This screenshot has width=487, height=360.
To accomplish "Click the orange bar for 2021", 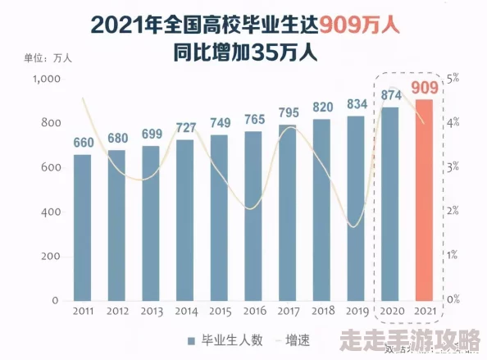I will (x=424, y=200).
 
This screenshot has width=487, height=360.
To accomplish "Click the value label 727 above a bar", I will (x=186, y=127).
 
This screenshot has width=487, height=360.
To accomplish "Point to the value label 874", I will (x=390, y=95).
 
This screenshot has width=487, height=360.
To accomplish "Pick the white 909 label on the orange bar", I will (x=424, y=88).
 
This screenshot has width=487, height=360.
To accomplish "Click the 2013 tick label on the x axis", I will (x=151, y=312).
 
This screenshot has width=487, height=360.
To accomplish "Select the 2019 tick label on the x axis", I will (x=356, y=312).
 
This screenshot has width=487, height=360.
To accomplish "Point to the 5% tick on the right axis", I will (x=453, y=79).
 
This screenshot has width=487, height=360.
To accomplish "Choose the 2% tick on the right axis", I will (x=453, y=212).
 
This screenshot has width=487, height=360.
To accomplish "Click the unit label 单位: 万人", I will (x=49, y=57).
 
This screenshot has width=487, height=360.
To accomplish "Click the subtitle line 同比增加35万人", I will (x=245, y=53).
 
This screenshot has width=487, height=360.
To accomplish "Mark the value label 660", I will (x=83, y=143).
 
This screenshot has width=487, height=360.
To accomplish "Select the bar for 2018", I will (x=322, y=210).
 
